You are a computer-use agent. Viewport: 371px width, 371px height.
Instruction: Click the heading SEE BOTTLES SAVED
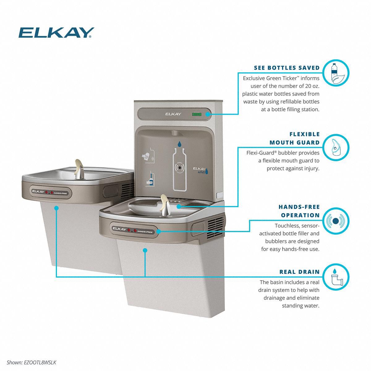287,68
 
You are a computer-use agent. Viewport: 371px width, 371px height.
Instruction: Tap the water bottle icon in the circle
334,73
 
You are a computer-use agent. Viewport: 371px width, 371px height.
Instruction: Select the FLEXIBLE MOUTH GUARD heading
294,138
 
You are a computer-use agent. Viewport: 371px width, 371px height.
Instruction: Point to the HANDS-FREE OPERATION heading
299,211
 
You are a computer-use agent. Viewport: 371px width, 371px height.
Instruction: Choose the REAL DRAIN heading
299,272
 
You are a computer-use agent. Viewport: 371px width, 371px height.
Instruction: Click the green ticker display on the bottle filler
196,114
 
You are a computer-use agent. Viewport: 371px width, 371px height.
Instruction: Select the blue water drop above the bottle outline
180,143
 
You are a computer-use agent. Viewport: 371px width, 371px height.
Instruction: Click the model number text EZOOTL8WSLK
40,362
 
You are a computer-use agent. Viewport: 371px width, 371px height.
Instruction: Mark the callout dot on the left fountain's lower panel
56,208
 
